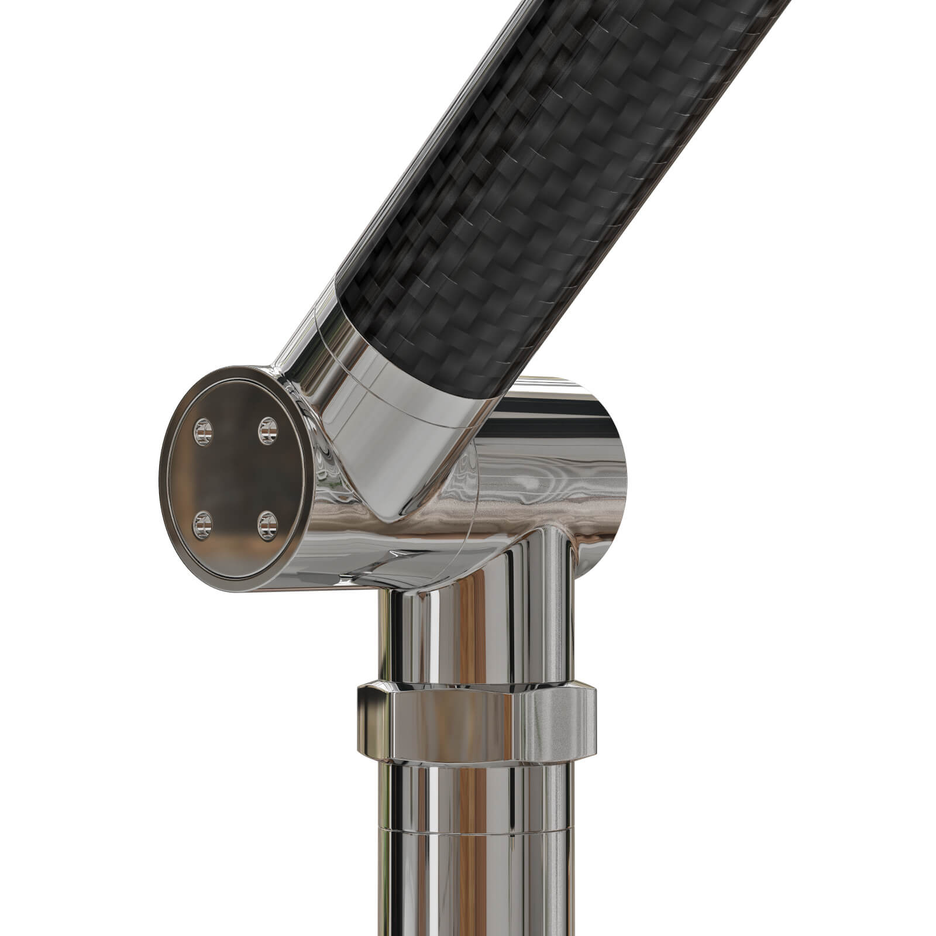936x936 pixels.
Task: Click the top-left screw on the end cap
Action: click(x=202, y=432)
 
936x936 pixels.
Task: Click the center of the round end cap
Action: click(x=234, y=477)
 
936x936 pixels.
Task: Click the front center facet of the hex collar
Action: click(x=456, y=725)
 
